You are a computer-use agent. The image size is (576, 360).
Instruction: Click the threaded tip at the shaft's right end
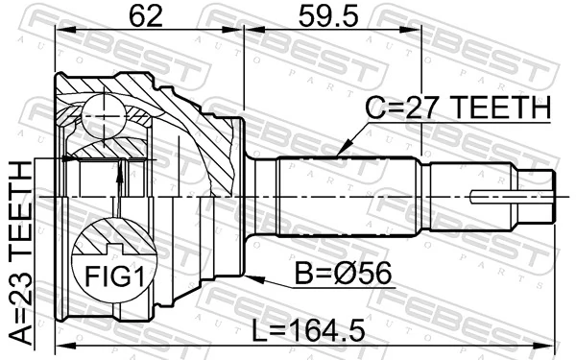coord(543,198)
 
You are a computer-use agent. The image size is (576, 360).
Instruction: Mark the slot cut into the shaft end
coord(500,199)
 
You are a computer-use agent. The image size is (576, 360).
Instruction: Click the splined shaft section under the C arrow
coord(346,197)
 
